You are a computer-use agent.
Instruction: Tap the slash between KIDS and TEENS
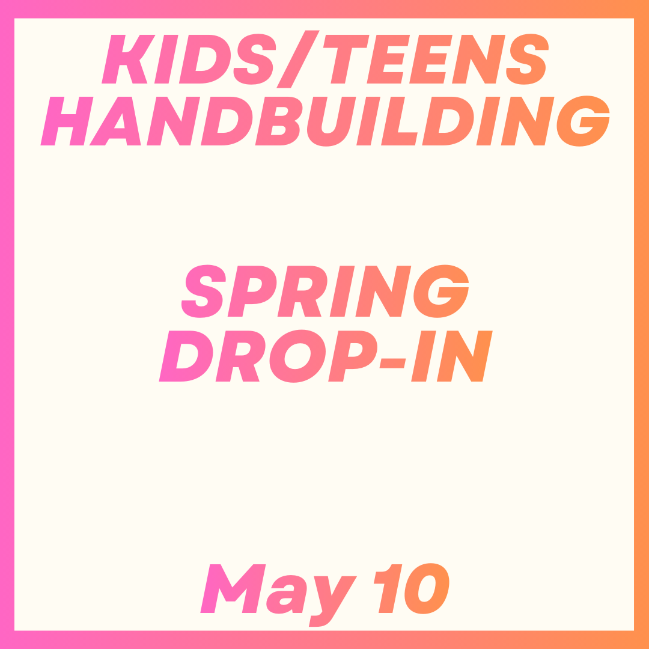point(297,59)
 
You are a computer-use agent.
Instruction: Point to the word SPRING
point(324,291)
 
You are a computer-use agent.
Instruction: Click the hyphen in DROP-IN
point(393,362)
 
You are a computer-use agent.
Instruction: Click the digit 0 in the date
point(426,589)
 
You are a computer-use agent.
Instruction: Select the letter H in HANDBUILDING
point(66,121)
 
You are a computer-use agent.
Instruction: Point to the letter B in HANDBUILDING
point(278,121)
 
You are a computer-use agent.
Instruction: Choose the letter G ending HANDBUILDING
point(583,121)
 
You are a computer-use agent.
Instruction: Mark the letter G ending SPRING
point(442,291)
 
